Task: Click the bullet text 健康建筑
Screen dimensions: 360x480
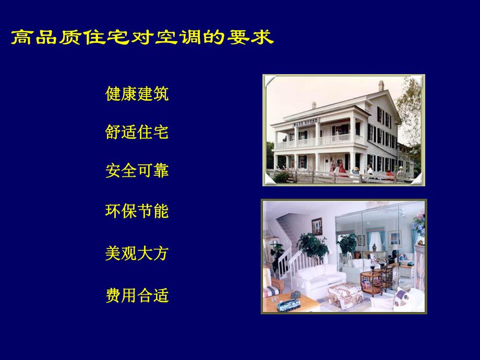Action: [x=137, y=94]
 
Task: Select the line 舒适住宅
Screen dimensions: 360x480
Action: [x=137, y=133]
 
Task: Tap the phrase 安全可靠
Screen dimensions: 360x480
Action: [x=137, y=171]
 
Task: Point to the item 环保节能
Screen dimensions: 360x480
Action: [x=137, y=211]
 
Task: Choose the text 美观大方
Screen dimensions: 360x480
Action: [x=137, y=254]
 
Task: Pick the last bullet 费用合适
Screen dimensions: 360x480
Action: [x=137, y=296]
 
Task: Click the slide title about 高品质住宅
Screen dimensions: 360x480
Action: [x=142, y=38]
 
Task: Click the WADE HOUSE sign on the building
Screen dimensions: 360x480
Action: [x=306, y=123]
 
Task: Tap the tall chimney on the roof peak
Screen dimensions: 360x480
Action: [x=381, y=86]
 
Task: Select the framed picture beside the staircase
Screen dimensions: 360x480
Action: [x=317, y=226]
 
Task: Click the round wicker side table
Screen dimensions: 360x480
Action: [x=371, y=282]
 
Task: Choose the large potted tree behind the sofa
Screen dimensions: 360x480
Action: [x=313, y=245]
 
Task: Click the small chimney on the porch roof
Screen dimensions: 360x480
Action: [x=314, y=105]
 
